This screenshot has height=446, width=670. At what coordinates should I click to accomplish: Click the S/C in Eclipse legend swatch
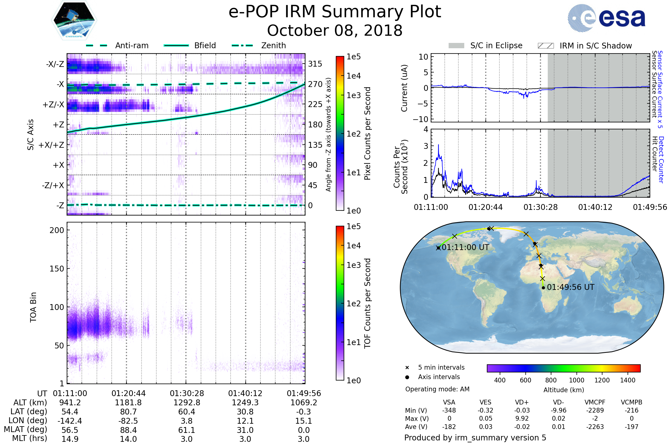(x=456, y=45)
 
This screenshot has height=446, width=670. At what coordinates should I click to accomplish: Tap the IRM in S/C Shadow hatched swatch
(x=545, y=46)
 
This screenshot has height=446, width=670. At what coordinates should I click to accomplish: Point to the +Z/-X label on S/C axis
(x=53, y=105)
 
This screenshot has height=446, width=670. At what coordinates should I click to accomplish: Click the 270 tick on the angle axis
(x=315, y=84)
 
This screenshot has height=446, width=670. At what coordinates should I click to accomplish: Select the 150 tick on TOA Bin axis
(x=57, y=268)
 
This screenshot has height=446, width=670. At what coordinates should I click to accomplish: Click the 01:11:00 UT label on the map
(x=465, y=247)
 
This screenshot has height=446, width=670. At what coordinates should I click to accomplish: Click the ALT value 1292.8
(x=187, y=403)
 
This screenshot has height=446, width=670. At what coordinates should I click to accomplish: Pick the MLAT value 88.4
(x=128, y=430)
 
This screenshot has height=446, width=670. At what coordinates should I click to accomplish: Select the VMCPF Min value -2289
(x=595, y=410)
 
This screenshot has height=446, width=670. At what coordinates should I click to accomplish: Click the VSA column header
(x=449, y=402)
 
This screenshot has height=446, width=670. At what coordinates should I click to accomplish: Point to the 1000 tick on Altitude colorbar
(x=576, y=380)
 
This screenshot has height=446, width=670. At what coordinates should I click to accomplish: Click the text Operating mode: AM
(x=437, y=389)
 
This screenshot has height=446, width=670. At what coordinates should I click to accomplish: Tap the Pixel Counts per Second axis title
(x=367, y=133)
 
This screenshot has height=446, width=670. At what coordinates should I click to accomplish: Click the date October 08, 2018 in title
(x=335, y=30)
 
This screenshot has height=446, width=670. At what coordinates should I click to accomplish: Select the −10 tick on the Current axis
(x=420, y=119)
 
